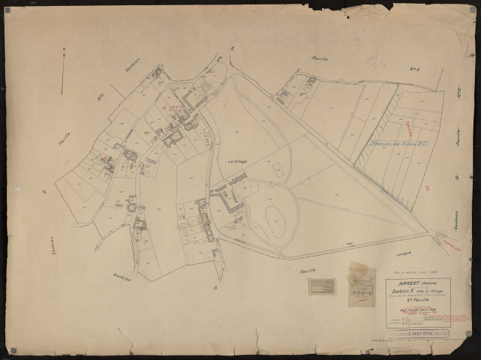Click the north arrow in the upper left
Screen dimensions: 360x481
click(63, 76)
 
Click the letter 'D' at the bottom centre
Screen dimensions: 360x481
click(215, 287)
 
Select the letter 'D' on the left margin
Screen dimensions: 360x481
click(44, 192)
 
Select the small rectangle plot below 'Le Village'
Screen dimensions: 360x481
click(279, 172)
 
